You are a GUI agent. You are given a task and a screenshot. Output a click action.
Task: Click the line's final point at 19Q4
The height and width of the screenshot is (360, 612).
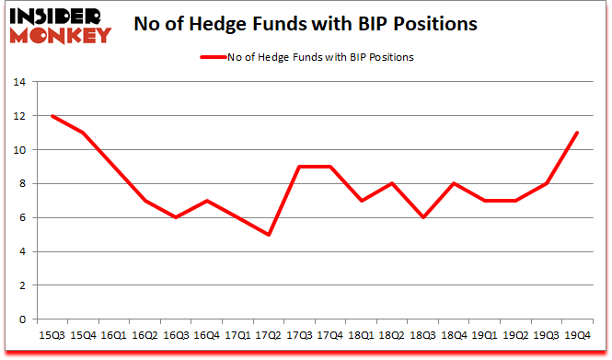576,133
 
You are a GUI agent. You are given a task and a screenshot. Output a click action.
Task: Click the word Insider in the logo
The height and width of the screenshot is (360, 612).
54,16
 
